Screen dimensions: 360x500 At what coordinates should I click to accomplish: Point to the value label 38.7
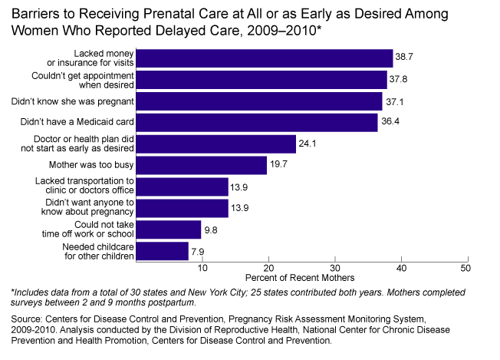click(404, 58)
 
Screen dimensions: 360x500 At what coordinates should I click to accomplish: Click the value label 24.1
click(308, 144)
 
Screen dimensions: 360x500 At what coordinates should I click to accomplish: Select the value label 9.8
click(210, 230)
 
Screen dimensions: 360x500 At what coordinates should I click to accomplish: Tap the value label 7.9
click(198, 251)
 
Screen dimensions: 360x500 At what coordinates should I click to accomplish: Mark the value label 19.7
click(278, 165)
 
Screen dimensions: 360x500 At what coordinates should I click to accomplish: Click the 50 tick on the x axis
click(465, 268)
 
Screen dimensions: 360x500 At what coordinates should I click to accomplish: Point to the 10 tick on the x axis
click(202, 268)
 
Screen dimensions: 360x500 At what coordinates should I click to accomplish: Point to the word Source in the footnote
click(28, 316)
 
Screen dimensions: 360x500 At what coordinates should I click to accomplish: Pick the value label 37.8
click(398, 79)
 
